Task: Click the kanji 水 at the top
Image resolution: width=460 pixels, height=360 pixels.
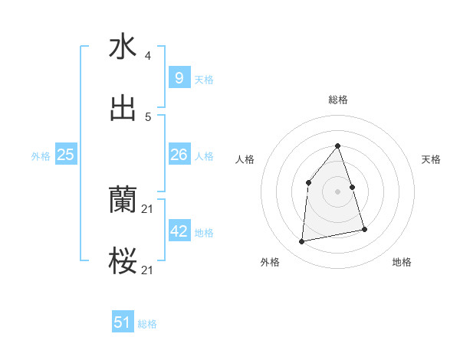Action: [123, 47]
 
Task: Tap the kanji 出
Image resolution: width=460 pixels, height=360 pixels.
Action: [123, 108]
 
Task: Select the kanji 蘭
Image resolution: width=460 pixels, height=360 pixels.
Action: [123, 201]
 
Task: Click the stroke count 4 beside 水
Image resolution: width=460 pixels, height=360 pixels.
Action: [148, 56]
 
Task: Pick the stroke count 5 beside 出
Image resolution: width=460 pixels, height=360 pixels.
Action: [148, 117]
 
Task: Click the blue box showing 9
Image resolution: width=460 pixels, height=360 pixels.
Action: [179, 77]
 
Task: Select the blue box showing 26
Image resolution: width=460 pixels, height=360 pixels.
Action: [179, 155]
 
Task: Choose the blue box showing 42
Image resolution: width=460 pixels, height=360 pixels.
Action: [179, 231]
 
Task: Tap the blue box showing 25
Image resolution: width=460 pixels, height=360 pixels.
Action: [66, 155]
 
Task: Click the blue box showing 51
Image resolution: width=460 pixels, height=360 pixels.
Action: [123, 322]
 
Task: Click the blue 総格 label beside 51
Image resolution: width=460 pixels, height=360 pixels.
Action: [147, 324]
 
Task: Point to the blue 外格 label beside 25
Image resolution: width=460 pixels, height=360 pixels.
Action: [41, 156]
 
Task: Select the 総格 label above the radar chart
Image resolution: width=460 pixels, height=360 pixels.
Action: [338, 100]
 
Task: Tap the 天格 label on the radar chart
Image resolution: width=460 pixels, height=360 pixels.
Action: [432, 159]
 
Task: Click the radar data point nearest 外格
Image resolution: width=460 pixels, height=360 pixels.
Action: [302, 242]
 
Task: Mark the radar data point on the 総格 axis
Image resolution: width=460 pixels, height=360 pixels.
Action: [337, 146]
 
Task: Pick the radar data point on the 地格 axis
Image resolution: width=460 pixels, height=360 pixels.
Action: [364, 229]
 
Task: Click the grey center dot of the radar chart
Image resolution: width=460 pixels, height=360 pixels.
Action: [337, 191]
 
